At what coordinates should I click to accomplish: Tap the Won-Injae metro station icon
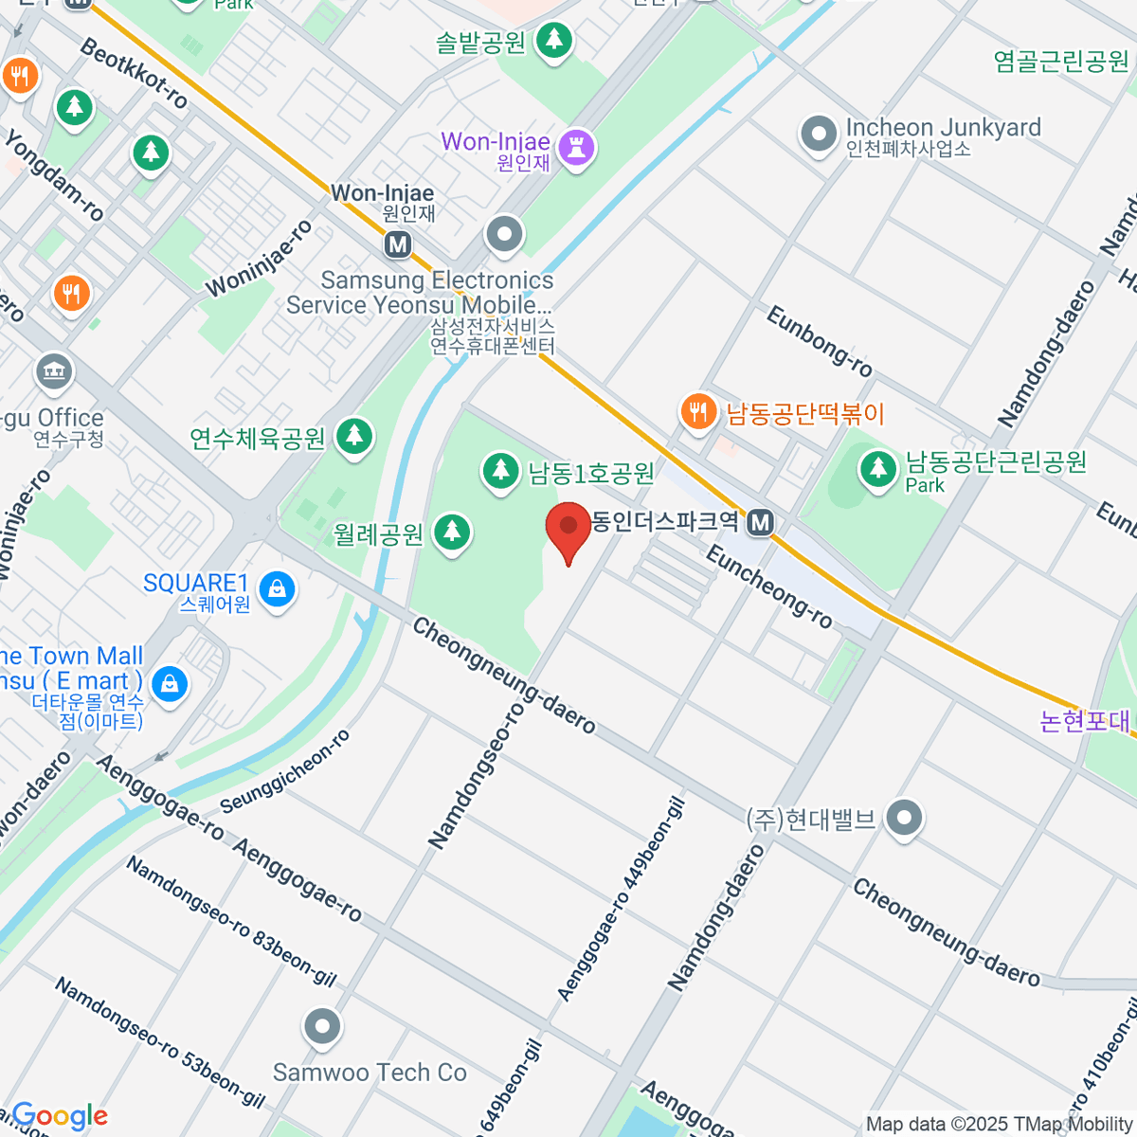click(x=398, y=244)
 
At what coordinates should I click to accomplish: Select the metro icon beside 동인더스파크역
click(x=760, y=521)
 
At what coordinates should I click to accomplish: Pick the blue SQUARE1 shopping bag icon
click(x=277, y=590)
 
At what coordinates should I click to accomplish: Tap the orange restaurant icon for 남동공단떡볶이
click(x=698, y=412)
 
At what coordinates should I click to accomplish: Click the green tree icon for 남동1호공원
click(x=500, y=470)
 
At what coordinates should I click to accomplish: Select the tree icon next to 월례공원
click(x=452, y=532)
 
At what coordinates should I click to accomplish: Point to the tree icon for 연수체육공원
click(x=355, y=436)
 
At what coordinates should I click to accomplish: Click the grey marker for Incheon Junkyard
click(x=819, y=134)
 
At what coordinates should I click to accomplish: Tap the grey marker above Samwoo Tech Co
click(x=322, y=1026)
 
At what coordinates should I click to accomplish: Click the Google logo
click(x=60, y=1116)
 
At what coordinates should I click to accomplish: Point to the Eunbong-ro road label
click(x=819, y=340)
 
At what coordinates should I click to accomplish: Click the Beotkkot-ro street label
click(x=135, y=74)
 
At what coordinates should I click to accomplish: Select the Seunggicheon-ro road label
click(x=285, y=771)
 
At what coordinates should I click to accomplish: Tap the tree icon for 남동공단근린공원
click(x=878, y=468)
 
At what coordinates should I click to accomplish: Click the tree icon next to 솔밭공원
click(x=554, y=40)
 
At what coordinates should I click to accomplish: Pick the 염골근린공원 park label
click(x=1061, y=62)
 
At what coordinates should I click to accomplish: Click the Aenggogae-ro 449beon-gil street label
click(x=622, y=898)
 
